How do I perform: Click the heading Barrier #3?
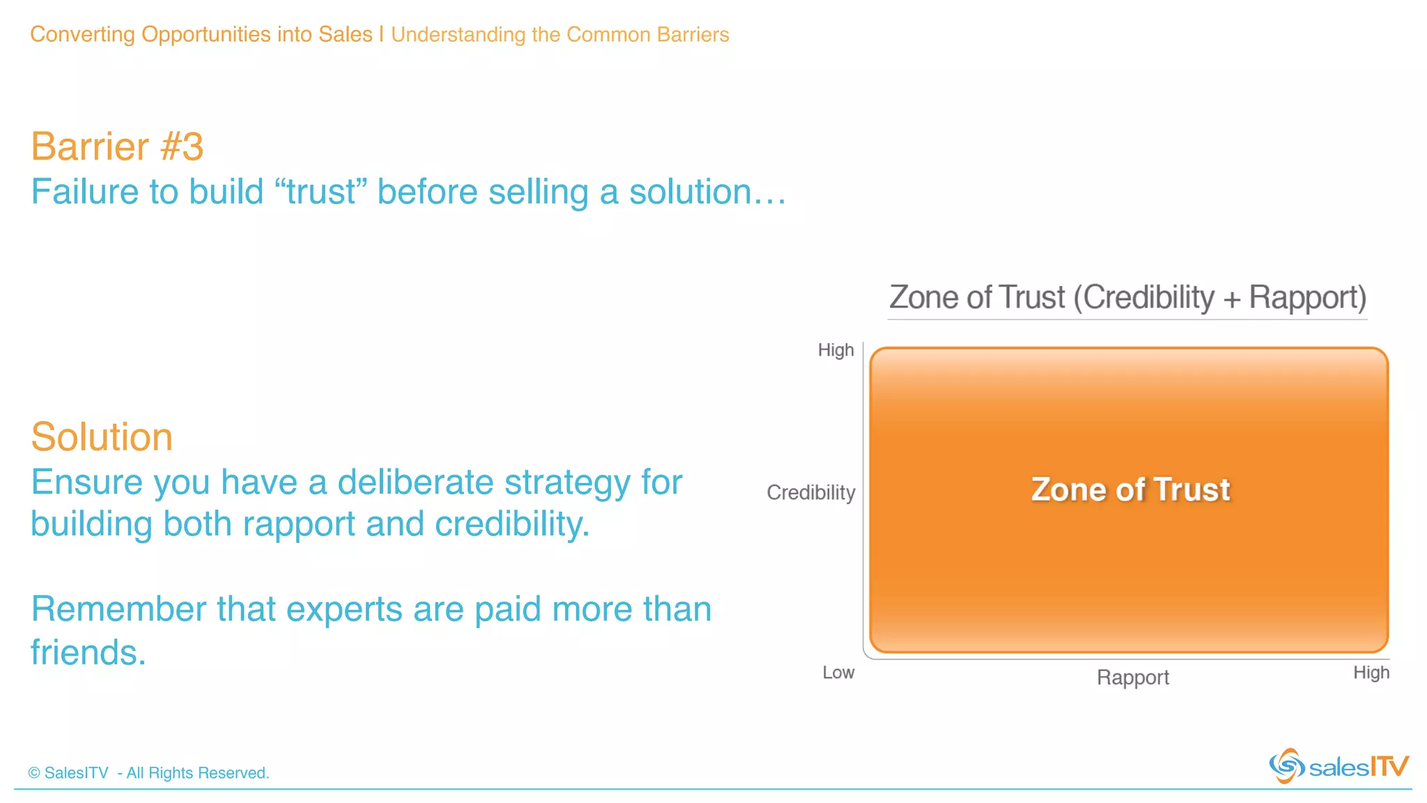tap(117, 147)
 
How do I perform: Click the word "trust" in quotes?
tap(321, 192)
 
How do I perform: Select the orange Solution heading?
tap(102, 438)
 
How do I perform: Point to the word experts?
tap(344, 610)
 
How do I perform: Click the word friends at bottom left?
tap(88, 653)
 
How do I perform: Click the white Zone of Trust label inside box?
tap(1130, 489)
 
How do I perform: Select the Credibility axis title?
tap(810, 493)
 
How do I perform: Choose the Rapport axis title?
tap(1133, 678)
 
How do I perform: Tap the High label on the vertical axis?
tap(835, 350)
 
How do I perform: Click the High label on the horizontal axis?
tap(1371, 673)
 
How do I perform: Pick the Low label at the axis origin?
tap(838, 673)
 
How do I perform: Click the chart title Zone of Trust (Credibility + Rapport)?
tap(1127, 298)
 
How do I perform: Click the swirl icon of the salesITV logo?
tap(1286, 766)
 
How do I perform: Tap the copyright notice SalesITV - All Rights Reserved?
tap(148, 773)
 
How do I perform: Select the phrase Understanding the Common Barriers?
tap(560, 35)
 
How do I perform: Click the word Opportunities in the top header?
tap(206, 34)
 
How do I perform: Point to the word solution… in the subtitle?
tap(707, 192)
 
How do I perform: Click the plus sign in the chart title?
tap(1231, 299)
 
